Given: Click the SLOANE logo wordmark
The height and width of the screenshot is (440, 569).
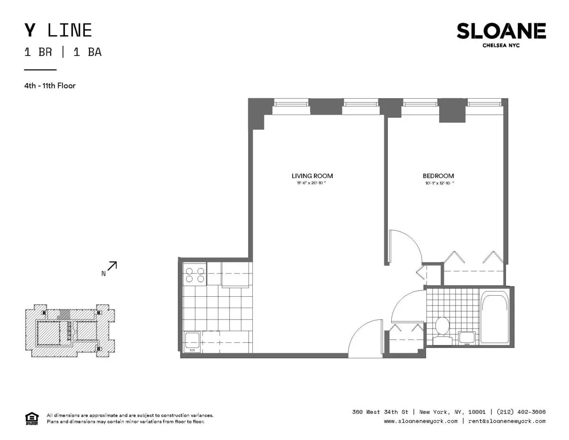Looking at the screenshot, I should click(x=501, y=31).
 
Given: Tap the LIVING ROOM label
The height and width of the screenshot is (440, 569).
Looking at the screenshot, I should click(x=309, y=176).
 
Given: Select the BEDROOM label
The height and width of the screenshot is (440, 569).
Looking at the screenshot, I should click(x=439, y=176).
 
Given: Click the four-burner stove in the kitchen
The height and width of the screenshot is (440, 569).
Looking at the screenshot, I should click(x=195, y=275).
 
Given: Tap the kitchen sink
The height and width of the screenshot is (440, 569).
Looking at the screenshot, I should click(x=192, y=341).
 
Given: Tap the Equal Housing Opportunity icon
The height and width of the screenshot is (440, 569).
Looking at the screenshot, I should click(x=31, y=418).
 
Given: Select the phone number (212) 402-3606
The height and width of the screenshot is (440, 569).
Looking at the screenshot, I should click(x=521, y=412).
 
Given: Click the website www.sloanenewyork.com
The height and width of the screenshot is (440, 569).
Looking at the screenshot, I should click(x=421, y=421).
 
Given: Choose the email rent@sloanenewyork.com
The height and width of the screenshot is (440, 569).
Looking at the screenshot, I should click(x=506, y=421).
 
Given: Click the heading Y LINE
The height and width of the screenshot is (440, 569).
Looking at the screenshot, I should click(x=58, y=30).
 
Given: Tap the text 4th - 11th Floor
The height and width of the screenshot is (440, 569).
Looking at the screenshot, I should click(x=50, y=86).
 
